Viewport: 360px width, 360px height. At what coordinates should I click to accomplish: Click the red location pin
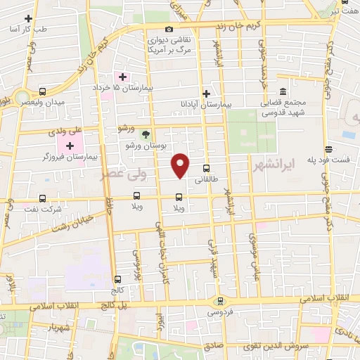pos(181,164)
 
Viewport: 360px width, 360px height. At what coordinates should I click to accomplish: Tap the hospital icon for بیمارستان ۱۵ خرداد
pos(122,77)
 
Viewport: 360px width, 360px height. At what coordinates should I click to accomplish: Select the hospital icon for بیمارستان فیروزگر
pos(70,145)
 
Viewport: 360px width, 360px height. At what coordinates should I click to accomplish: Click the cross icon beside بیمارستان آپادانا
pos(206,94)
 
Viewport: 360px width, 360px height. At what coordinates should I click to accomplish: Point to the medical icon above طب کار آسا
pos(28,18)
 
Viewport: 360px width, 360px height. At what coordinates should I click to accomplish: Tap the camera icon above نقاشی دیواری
pos(169,29)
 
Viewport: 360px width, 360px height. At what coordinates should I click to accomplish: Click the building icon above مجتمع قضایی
pos(283,92)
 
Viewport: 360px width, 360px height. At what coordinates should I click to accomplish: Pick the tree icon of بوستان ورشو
pos(146,134)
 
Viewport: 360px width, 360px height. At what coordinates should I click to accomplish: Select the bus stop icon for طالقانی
pos(206,169)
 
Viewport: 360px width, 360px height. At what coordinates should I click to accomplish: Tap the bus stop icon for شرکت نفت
pos(43,198)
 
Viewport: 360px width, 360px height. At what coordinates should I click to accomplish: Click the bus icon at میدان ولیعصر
pos(43,92)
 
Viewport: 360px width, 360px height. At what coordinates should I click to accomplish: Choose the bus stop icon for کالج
pos(116,278)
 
